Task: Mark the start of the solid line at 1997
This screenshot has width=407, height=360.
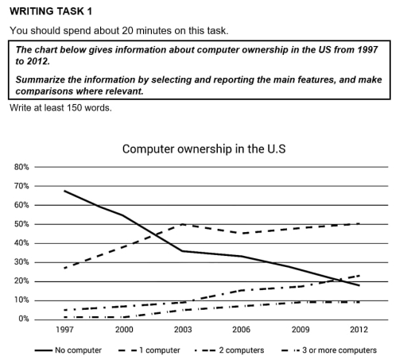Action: (64, 191)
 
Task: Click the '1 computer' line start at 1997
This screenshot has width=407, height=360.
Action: (64, 268)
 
